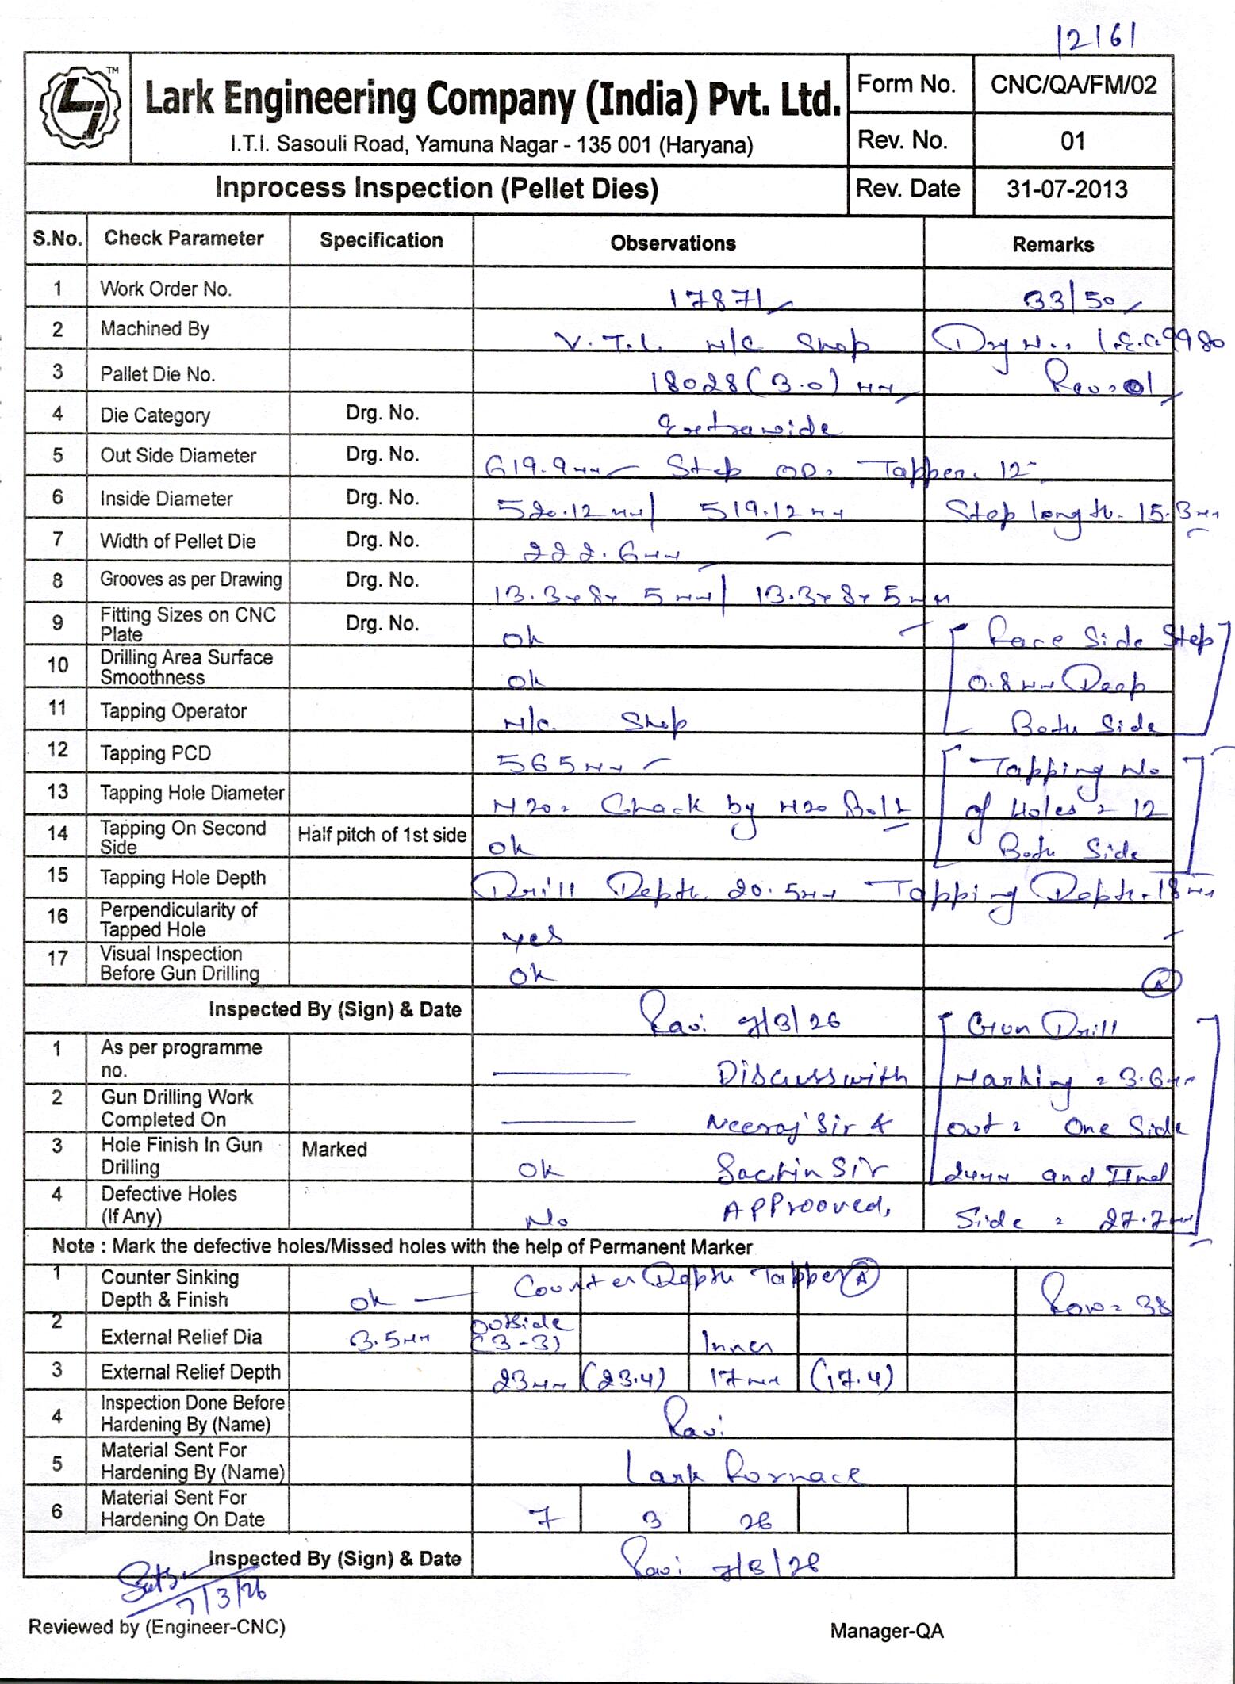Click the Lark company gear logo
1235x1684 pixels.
pos(79,108)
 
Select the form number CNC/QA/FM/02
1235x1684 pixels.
pos(1073,85)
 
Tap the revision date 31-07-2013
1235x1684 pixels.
pos(1067,189)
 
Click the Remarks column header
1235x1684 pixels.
pos(1053,245)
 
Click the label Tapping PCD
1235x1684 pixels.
pos(155,753)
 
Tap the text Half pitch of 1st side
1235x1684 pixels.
pos(382,835)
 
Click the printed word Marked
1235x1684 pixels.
pos(334,1149)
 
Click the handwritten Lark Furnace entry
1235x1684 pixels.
pos(743,1473)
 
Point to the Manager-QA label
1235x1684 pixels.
pos(887,1631)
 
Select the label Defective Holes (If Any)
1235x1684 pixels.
pos(168,1204)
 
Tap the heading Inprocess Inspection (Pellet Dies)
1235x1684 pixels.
pos(436,189)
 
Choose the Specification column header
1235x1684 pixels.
pos(382,241)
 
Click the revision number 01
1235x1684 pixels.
pos(1072,141)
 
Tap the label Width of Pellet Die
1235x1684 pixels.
pos(178,542)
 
